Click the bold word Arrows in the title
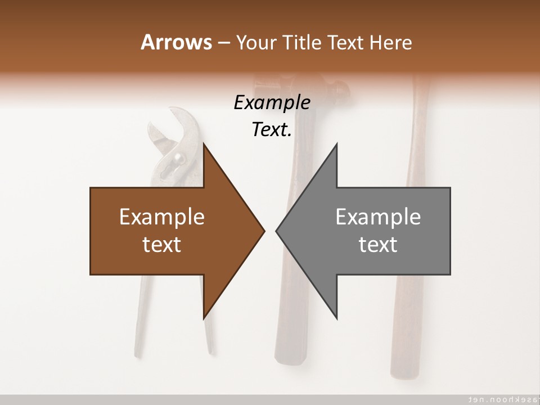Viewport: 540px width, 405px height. [175, 42]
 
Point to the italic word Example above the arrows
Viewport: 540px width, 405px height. [272, 103]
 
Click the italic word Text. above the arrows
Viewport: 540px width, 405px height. [272, 130]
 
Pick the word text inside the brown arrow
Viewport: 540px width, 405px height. [162, 245]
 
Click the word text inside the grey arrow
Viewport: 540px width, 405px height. [378, 245]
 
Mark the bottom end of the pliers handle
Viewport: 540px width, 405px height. [210, 349]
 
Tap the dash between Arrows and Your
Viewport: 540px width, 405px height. [223, 43]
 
